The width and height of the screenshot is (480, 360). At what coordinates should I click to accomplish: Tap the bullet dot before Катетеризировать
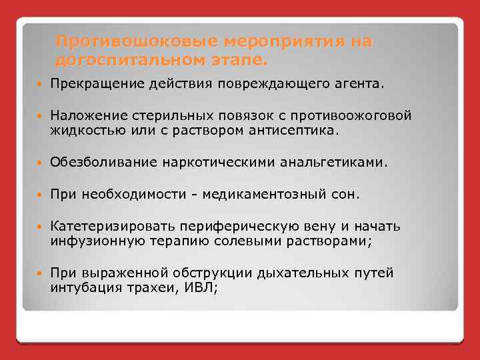point(39,227)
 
